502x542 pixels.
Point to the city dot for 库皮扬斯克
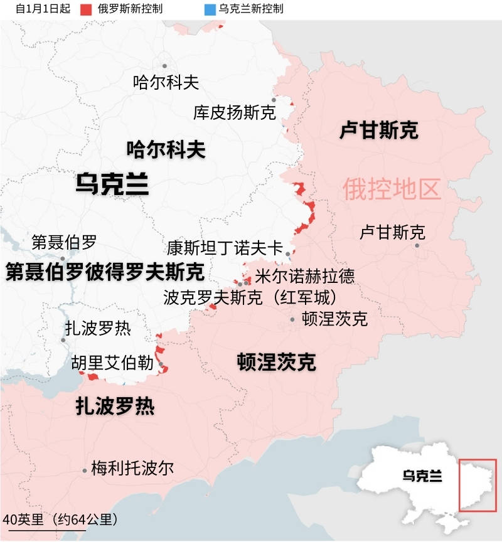[x=274, y=100]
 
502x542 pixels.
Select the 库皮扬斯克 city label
[x=234, y=113]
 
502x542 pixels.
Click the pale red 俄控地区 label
[x=392, y=189]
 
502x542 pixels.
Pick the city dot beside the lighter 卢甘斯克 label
[x=417, y=245]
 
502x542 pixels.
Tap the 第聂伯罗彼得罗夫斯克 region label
[x=105, y=272]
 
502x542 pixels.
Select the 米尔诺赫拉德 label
[x=304, y=275]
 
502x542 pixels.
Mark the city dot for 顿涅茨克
[x=292, y=319]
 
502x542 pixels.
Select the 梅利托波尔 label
[x=132, y=468]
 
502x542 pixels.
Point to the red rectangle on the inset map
[x=478, y=485]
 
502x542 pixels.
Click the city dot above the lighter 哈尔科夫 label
[x=164, y=66]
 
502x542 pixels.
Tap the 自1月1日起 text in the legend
[x=42, y=9]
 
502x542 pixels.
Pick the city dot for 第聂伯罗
[x=63, y=258]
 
